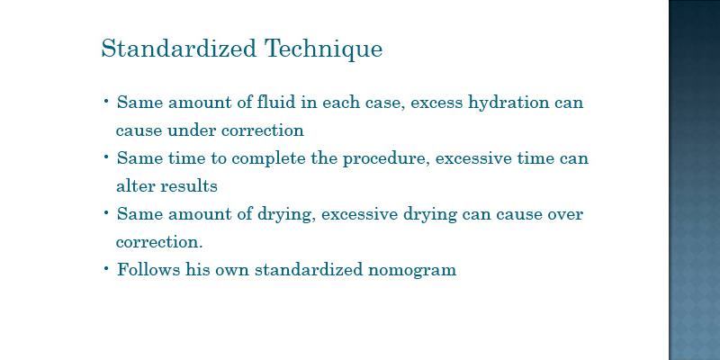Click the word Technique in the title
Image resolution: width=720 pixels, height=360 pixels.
(323, 49)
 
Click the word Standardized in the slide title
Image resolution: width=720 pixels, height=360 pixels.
(178, 49)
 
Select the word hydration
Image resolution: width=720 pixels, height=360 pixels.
(508, 103)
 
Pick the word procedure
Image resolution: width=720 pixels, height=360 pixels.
(386, 159)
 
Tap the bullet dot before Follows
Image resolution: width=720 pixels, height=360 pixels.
(106, 267)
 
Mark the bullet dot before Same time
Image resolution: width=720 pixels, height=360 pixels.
(106, 157)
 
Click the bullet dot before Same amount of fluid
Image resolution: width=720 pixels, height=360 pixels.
(106, 100)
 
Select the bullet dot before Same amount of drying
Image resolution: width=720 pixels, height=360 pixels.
(106, 212)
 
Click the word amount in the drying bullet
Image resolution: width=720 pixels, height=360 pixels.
(200, 214)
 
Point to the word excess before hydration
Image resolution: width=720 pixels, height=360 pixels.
(436, 103)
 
